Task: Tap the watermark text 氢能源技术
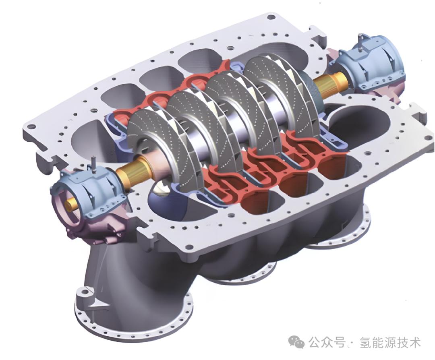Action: (x=390, y=343)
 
